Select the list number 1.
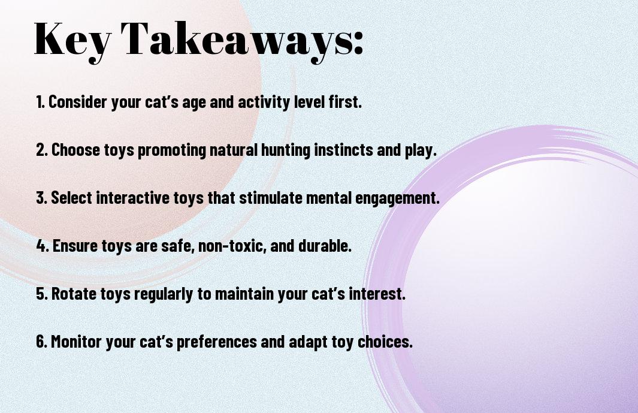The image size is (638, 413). (x=40, y=102)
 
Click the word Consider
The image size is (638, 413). (x=78, y=102)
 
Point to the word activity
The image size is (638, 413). (x=264, y=103)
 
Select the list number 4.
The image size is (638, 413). (x=42, y=246)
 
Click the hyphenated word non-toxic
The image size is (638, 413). (x=232, y=246)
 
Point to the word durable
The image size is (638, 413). (x=325, y=246)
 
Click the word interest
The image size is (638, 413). (x=377, y=294)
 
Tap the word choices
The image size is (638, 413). (x=385, y=341)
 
